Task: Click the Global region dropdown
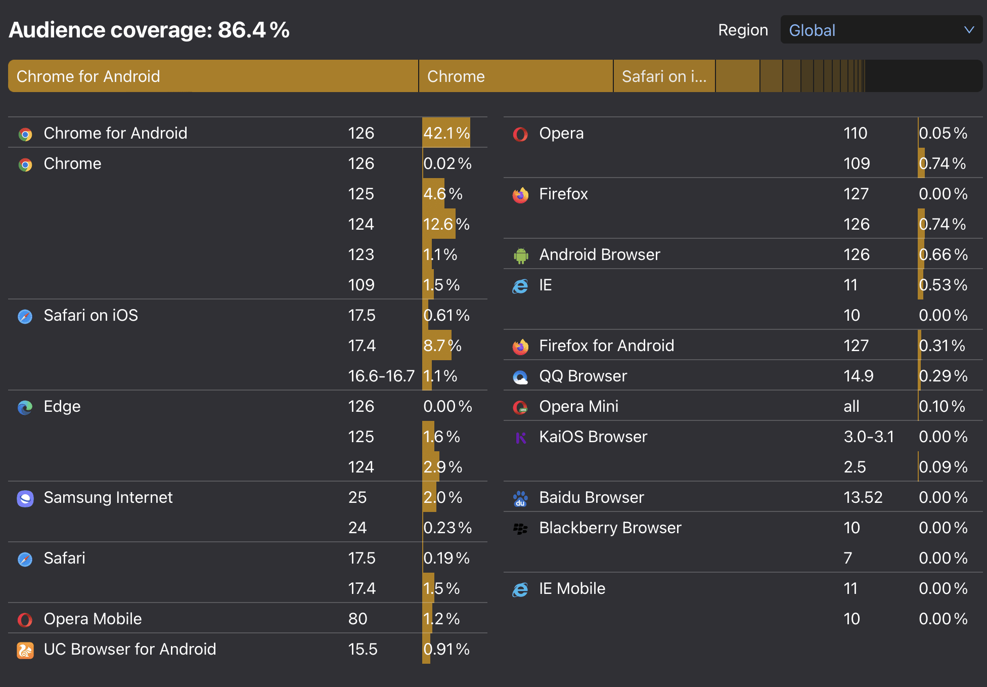pyautogui.click(x=881, y=30)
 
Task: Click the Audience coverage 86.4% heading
pyautogui.click(x=149, y=30)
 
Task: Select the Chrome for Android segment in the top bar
pyautogui.click(x=213, y=76)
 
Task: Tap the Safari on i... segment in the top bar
pyautogui.click(x=664, y=76)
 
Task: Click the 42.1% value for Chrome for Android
pyautogui.click(x=446, y=133)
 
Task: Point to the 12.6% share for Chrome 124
pyautogui.click(x=446, y=224)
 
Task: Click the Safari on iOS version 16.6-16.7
pyautogui.click(x=381, y=376)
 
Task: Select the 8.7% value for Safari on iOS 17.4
pyautogui.click(x=442, y=346)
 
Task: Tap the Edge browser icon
pyautogui.click(x=25, y=407)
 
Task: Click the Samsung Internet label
pyautogui.click(x=108, y=497)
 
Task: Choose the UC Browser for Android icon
pyautogui.click(x=25, y=650)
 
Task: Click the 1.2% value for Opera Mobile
pyautogui.click(x=441, y=619)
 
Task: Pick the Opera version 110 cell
pyautogui.click(x=855, y=133)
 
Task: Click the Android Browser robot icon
pyautogui.click(x=521, y=255)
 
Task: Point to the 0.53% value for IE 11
pyautogui.click(x=943, y=285)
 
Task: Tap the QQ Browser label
pyautogui.click(x=583, y=376)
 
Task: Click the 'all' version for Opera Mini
pyautogui.click(x=851, y=406)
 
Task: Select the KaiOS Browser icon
pyautogui.click(x=521, y=438)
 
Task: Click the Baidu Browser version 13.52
pyautogui.click(x=863, y=497)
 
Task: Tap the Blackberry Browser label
pyautogui.click(x=610, y=528)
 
